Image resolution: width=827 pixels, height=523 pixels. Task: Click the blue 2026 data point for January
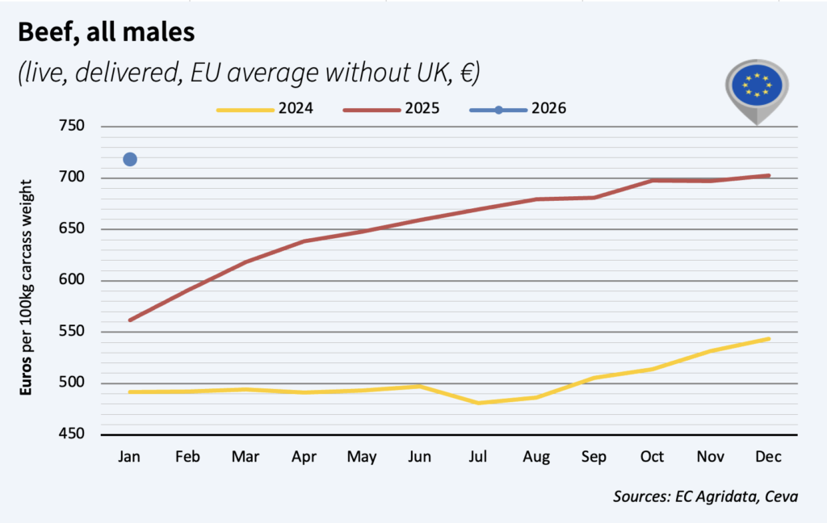tap(130, 159)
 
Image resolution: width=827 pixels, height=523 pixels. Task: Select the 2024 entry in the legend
tap(267, 109)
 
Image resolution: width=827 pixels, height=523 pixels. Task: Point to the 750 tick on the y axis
tap(73, 126)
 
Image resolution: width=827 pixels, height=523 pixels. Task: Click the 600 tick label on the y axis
tap(73, 281)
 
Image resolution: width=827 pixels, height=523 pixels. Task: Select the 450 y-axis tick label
tap(73, 435)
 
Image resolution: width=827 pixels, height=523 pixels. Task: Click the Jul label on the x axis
tap(478, 457)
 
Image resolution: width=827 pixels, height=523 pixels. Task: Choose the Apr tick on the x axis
tap(304, 457)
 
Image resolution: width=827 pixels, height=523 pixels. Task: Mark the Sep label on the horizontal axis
tap(594, 457)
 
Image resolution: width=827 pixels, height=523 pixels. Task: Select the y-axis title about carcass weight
tap(27, 287)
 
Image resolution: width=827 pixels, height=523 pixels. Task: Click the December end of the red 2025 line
tap(769, 175)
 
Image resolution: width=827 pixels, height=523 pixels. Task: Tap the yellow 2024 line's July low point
tap(478, 403)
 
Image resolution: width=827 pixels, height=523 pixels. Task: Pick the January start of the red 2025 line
tap(130, 320)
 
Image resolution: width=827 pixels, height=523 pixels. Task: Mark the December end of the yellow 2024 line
tap(769, 339)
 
